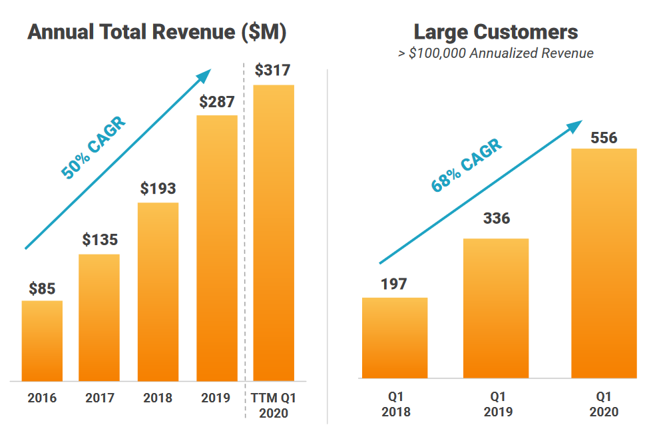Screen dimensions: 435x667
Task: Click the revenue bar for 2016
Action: pos(42,340)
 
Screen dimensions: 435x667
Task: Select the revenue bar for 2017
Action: pos(99,317)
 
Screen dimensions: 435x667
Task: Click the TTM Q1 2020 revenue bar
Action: pos(274,232)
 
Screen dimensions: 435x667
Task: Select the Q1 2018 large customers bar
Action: pos(395,338)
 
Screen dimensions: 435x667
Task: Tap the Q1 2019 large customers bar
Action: pos(496,308)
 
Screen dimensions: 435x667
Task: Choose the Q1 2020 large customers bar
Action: pos(604,263)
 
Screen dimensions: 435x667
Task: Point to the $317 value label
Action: pos(273,71)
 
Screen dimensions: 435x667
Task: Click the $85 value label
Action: pos(42,288)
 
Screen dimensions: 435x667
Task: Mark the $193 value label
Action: pos(158,189)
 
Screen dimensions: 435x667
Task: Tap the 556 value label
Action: pos(604,138)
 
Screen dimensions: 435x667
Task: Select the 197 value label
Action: pos(394,284)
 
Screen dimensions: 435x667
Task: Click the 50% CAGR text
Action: pos(93,148)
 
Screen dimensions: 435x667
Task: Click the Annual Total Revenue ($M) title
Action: pos(156,33)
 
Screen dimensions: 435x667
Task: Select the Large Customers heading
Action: pos(496,31)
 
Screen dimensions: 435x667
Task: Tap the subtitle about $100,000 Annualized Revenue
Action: pos(496,53)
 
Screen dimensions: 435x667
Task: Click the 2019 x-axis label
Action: pos(216,398)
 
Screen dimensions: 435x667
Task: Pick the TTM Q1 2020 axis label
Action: pos(274,405)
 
